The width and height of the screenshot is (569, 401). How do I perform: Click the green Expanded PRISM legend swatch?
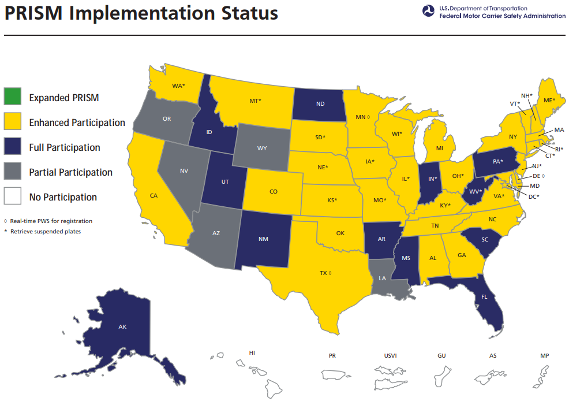(x=13, y=98)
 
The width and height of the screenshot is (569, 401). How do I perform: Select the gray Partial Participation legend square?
(x=13, y=172)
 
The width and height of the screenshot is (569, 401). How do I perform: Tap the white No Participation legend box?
(x=13, y=197)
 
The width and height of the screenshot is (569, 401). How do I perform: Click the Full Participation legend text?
(x=65, y=147)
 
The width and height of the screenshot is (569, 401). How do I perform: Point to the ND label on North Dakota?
(x=319, y=105)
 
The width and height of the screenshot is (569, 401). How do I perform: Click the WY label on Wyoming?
(x=262, y=148)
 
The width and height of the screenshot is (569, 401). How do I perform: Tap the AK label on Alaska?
(x=122, y=327)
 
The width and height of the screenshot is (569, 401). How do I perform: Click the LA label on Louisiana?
(x=382, y=278)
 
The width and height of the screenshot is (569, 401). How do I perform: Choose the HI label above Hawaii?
(x=252, y=352)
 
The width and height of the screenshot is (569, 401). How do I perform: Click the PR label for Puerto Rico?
(x=332, y=355)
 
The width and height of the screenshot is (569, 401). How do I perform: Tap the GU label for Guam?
(x=441, y=355)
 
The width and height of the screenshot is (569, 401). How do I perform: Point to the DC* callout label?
(x=534, y=196)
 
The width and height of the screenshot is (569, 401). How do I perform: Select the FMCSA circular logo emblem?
(x=429, y=12)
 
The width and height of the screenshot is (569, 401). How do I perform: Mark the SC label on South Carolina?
(x=485, y=240)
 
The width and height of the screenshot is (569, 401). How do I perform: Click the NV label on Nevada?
(x=184, y=171)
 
